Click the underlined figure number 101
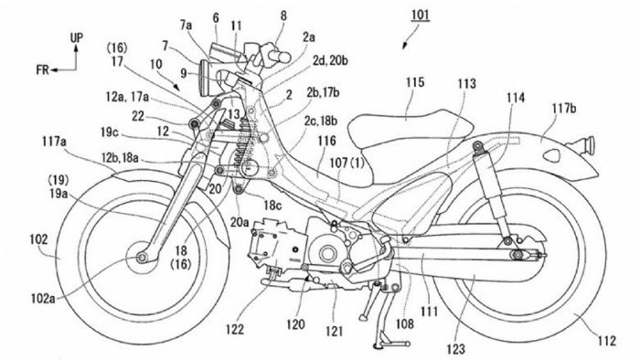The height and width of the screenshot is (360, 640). pos(420,16)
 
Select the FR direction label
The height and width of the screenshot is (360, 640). pos(43,68)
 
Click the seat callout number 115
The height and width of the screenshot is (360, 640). pos(415,82)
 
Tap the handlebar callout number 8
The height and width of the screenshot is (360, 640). pos(283,16)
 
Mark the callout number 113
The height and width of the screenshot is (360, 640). pos(467,83)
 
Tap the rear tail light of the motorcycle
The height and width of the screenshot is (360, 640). pos(582,144)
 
